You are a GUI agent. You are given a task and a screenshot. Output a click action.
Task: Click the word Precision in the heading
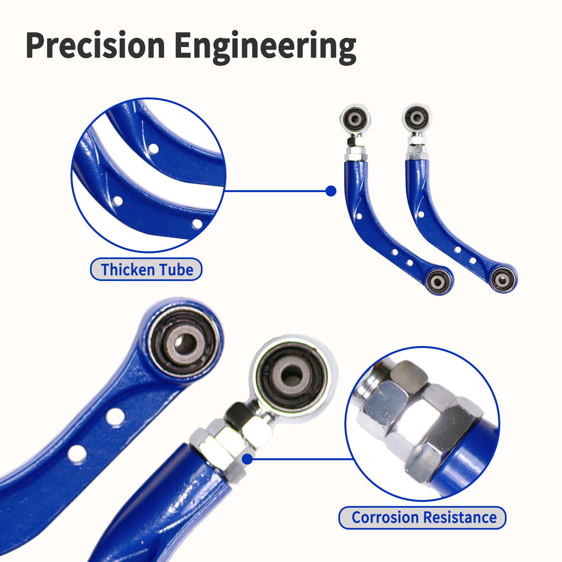point(95,45)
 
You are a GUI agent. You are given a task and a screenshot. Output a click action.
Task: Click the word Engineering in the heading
point(266,47)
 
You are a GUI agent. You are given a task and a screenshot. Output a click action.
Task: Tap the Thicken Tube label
point(146,269)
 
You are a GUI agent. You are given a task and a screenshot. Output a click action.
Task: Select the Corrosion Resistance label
point(422,518)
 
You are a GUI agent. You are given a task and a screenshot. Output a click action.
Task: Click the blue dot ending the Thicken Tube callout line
point(331,191)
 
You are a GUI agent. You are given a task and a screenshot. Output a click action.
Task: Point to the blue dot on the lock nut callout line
point(248,459)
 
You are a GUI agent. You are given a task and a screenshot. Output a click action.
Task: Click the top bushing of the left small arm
point(355,119)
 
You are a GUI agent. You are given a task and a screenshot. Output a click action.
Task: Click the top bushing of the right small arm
point(417,118)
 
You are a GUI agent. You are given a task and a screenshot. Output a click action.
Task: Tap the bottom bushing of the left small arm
point(438,282)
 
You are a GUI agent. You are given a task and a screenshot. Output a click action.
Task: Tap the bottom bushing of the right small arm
point(503,279)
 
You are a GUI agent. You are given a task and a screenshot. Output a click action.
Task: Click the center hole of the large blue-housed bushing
point(185,344)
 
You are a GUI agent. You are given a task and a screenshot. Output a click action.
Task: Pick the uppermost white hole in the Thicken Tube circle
point(154,148)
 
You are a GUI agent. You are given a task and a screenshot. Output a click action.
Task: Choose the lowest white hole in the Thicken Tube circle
point(197,224)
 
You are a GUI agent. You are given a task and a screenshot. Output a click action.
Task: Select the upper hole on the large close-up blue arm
point(115,418)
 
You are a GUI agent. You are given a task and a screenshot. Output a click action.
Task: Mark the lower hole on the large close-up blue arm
point(77,454)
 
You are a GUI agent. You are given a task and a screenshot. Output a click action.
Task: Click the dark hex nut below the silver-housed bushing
point(238,415)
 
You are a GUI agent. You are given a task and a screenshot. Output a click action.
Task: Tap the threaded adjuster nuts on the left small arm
point(356,148)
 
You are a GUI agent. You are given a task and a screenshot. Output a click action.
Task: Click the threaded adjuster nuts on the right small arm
point(417,147)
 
